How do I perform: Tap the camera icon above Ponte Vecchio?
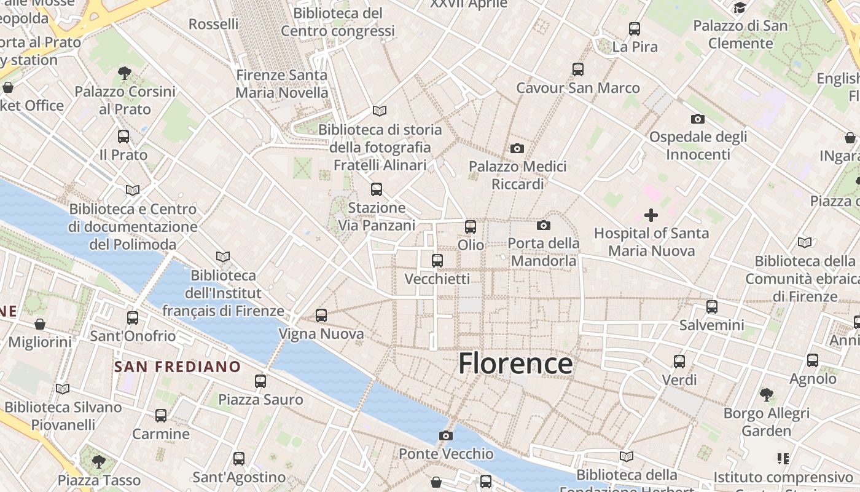tap(446, 436)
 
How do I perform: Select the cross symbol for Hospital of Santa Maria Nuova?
tap(651, 215)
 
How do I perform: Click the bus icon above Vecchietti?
tap(437, 261)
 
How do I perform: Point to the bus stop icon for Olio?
tap(471, 227)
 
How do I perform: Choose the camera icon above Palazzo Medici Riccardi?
tap(517, 148)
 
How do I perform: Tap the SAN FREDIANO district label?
tap(178, 367)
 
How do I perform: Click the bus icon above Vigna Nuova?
tap(321, 315)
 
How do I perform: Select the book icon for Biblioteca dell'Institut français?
tap(223, 256)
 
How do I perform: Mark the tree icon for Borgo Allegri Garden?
tap(766, 394)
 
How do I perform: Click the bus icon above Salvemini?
tap(712, 306)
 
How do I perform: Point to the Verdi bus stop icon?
tap(679, 362)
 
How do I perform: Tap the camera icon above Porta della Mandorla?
tap(544, 225)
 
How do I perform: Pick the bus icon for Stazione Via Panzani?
tap(377, 189)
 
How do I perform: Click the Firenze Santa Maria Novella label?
tap(282, 84)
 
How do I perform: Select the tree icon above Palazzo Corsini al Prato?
tap(125, 73)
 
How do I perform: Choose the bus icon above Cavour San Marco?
tap(578, 69)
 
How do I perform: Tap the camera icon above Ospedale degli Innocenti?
tap(698, 119)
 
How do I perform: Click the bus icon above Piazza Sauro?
tap(260, 381)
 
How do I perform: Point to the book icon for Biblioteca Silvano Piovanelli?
tap(63, 389)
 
